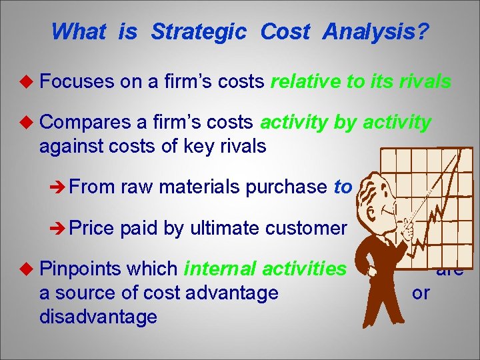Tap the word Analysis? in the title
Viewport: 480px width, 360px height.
[376, 31]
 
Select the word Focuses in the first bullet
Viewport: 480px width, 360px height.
[77, 82]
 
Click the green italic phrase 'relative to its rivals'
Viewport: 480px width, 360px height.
[360, 82]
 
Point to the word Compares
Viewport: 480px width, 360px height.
[87, 123]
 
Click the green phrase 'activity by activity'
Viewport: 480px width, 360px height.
[345, 123]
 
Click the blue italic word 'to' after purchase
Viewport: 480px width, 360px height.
[342, 187]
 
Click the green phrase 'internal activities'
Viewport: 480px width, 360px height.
[265, 269]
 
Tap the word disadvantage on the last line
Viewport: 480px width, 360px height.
[98, 316]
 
